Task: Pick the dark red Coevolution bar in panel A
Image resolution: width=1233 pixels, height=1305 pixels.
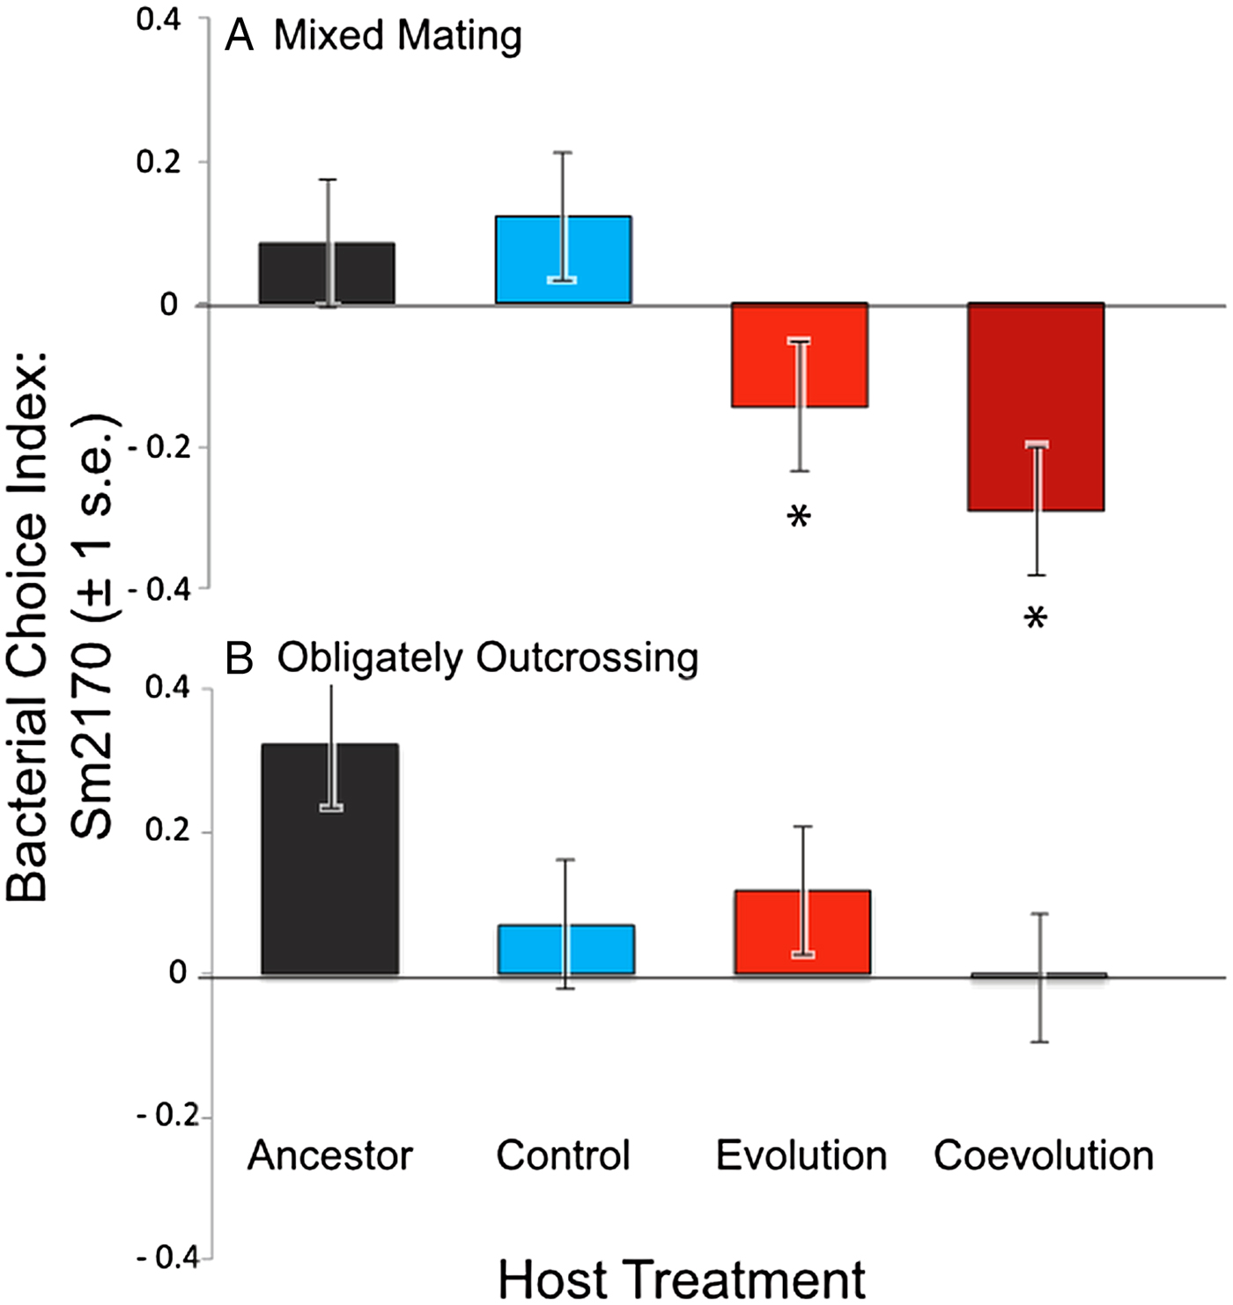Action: click(x=1004, y=405)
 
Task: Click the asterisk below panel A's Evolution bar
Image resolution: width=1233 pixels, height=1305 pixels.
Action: click(x=799, y=518)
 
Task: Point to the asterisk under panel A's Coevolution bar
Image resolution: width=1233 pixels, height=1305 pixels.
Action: click(x=1036, y=620)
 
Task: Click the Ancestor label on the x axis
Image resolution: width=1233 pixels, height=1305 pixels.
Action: click(x=330, y=1155)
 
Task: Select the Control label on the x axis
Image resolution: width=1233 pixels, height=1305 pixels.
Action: click(x=564, y=1155)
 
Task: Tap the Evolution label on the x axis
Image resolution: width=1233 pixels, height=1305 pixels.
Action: click(x=801, y=1155)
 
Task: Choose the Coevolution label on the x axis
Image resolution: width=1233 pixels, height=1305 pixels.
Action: click(x=1044, y=1155)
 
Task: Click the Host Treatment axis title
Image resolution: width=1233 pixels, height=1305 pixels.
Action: click(x=683, y=1279)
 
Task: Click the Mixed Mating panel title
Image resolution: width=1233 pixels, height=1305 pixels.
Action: click(x=397, y=37)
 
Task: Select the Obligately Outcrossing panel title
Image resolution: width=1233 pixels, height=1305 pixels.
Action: click(x=487, y=658)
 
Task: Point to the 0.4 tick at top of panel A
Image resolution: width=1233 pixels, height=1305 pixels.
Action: click(x=159, y=20)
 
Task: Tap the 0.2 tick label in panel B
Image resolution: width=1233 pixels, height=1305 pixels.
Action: click(x=167, y=831)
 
